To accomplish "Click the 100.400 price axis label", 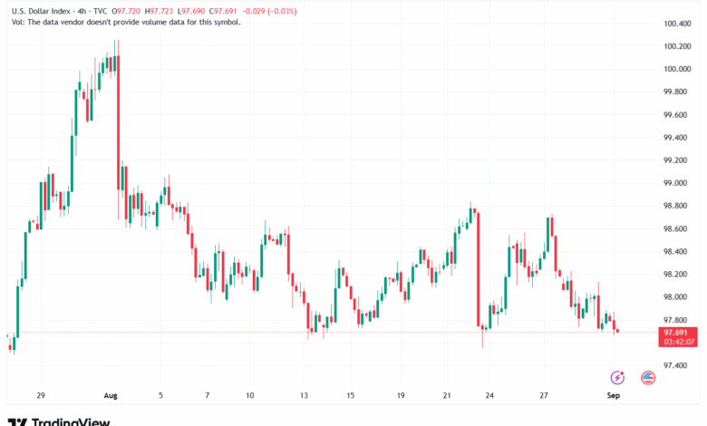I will click(678, 23).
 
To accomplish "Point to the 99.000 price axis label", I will click(678, 183).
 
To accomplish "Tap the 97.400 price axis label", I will click(678, 366).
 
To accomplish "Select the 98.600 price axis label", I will click(678, 228).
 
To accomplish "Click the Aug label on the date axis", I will click(111, 395).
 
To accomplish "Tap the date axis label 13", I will click(305, 395).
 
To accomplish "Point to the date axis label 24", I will click(489, 395).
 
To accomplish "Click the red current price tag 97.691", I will click(679, 333).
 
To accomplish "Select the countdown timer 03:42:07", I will click(679, 343).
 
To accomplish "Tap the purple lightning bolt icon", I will click(618, 377).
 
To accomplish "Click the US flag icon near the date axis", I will click(648, 377).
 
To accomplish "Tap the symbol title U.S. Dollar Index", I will click(41, 11).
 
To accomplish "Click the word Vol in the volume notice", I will click(16, 22).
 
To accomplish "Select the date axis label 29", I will click(41, 395).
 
